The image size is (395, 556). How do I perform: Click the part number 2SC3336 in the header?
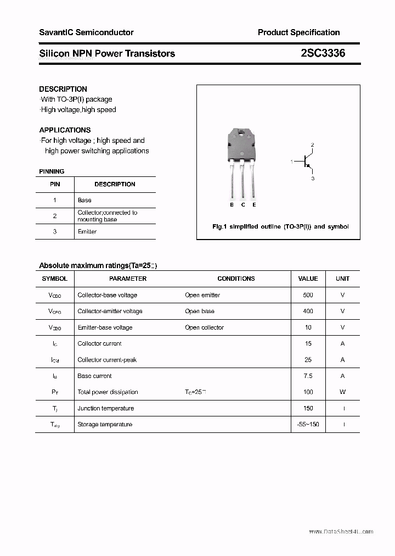[x=323, y=53]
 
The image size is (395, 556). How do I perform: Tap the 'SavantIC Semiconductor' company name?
[x=86, y=32]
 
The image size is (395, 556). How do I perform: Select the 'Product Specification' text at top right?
[x=298, y=32]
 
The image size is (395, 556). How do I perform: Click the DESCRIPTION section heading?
[x=63, y=89]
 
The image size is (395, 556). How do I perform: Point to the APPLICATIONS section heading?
[x=65, y=130]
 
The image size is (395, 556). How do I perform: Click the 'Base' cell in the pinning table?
[x=84, y=200]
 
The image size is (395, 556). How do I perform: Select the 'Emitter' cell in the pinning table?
[x=87, y=231]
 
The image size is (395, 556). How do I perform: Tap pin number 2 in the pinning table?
[x=55, y=216]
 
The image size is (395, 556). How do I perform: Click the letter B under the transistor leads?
[x=232, y=205]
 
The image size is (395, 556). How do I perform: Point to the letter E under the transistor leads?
[x=254, y=205]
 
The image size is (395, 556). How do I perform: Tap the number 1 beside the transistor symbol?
[x=292, y=162]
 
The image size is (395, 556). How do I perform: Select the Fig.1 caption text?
[x=280, y=226]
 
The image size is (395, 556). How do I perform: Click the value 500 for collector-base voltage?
[x=308, y=295]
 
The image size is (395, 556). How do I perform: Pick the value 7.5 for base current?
[x=308, y=376]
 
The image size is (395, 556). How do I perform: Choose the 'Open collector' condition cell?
[x=204, y=327]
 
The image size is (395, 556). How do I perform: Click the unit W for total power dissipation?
[x=342, y=392]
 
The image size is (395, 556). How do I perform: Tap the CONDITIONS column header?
[x=236, y=279]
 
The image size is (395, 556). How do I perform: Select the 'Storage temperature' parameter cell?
[x=105, y=424]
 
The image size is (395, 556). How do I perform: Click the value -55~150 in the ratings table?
[x=308, y=424]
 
